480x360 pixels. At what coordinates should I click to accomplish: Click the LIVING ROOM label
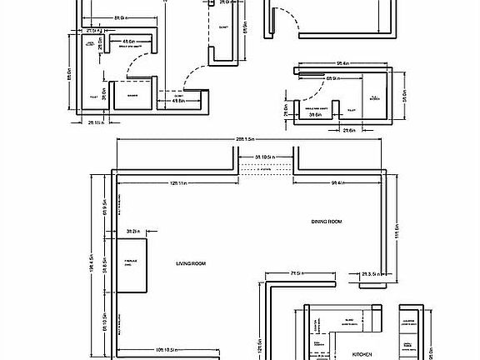click(x=191, y=263)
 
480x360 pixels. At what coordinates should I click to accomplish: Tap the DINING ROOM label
click(x=327, y=222)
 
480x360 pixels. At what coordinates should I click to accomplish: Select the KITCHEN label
click(x=362, y=354)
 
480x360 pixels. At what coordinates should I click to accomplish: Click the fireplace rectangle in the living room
click(x=132, y=265)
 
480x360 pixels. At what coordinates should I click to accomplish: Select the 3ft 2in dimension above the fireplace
click(x=132, y=231)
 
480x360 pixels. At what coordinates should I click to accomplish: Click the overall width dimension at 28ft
click(x=250, y=138)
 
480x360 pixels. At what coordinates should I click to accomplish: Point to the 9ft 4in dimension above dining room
click(x=339, y=182)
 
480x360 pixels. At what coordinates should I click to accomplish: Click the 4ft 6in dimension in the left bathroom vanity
click(x=129, y=41)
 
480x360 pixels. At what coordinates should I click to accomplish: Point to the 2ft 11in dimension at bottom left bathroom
click(x=96, y=122)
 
